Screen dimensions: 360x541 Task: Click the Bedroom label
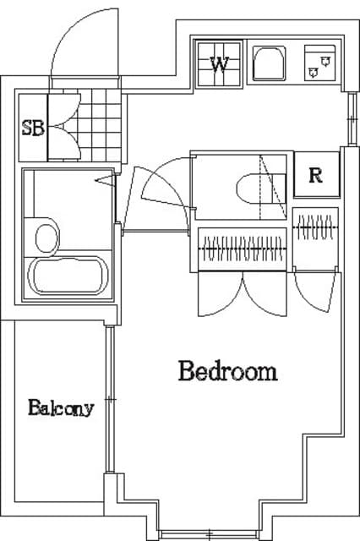(x=228, y=371)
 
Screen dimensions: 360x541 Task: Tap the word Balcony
(x=61, y=407)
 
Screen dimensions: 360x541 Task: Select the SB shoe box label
(x=33, y=128)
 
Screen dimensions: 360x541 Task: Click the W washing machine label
(x=220, y=64)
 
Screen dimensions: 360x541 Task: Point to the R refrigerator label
(x=315, y=175)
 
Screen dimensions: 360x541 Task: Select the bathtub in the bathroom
(x=68, y=276)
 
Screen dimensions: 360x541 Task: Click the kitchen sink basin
(x=270, y=64)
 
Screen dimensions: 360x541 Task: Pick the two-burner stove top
(x=320, y=63)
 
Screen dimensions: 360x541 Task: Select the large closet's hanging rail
(x=243, y=249)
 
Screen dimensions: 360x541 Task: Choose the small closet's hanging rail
(x=315, y=227)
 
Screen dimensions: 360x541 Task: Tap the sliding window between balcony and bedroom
(x=110, y=400)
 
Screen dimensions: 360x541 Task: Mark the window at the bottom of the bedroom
(x=210, y=535)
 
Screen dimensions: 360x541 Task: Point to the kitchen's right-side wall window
(x=352, y=118)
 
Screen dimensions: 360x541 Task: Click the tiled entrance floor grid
(x=100, y=125)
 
